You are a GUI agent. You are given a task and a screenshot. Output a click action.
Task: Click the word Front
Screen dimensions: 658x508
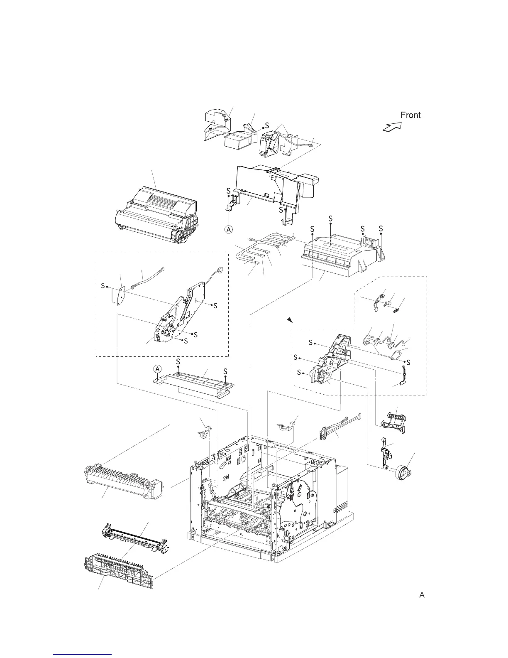(410, 115)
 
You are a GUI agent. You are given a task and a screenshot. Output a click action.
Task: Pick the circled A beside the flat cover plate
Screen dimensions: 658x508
(157, 369)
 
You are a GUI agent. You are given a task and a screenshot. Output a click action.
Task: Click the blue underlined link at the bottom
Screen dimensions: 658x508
(83, 654)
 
